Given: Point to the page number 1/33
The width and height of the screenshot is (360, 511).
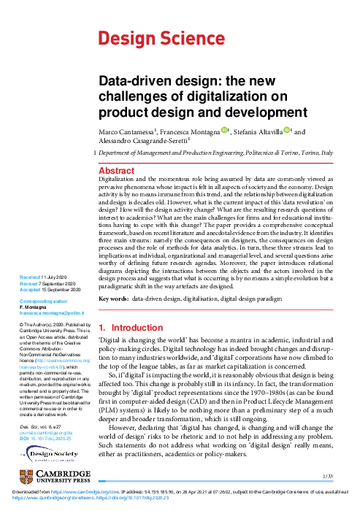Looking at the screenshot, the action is click(327, 476).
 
